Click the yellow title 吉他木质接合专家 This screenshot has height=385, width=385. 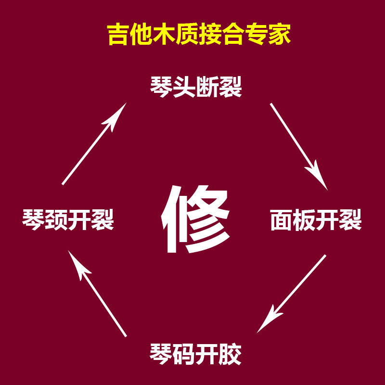tap(199, 35)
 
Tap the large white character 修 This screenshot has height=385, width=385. tap(195, 219)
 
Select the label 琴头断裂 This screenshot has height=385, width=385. tap(195, 87)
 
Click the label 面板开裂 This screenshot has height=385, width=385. tap(316, 220)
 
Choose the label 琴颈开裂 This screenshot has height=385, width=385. tap(68, 220)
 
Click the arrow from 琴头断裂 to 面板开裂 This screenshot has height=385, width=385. tap(298, 146)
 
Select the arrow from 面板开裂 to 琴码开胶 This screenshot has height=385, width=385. tap(292, 294)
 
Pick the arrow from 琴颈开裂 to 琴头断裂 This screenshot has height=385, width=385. tap(94, 144)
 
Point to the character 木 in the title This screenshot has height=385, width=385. tap(164, 35)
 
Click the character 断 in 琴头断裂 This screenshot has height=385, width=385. tap(207, 87)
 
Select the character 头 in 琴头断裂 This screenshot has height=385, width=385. tap(184, 87)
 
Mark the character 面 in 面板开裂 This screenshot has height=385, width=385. tap(282, 220)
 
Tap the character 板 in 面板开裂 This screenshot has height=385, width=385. tap(304, 220)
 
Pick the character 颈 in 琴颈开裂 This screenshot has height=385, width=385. tap(56, 220)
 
